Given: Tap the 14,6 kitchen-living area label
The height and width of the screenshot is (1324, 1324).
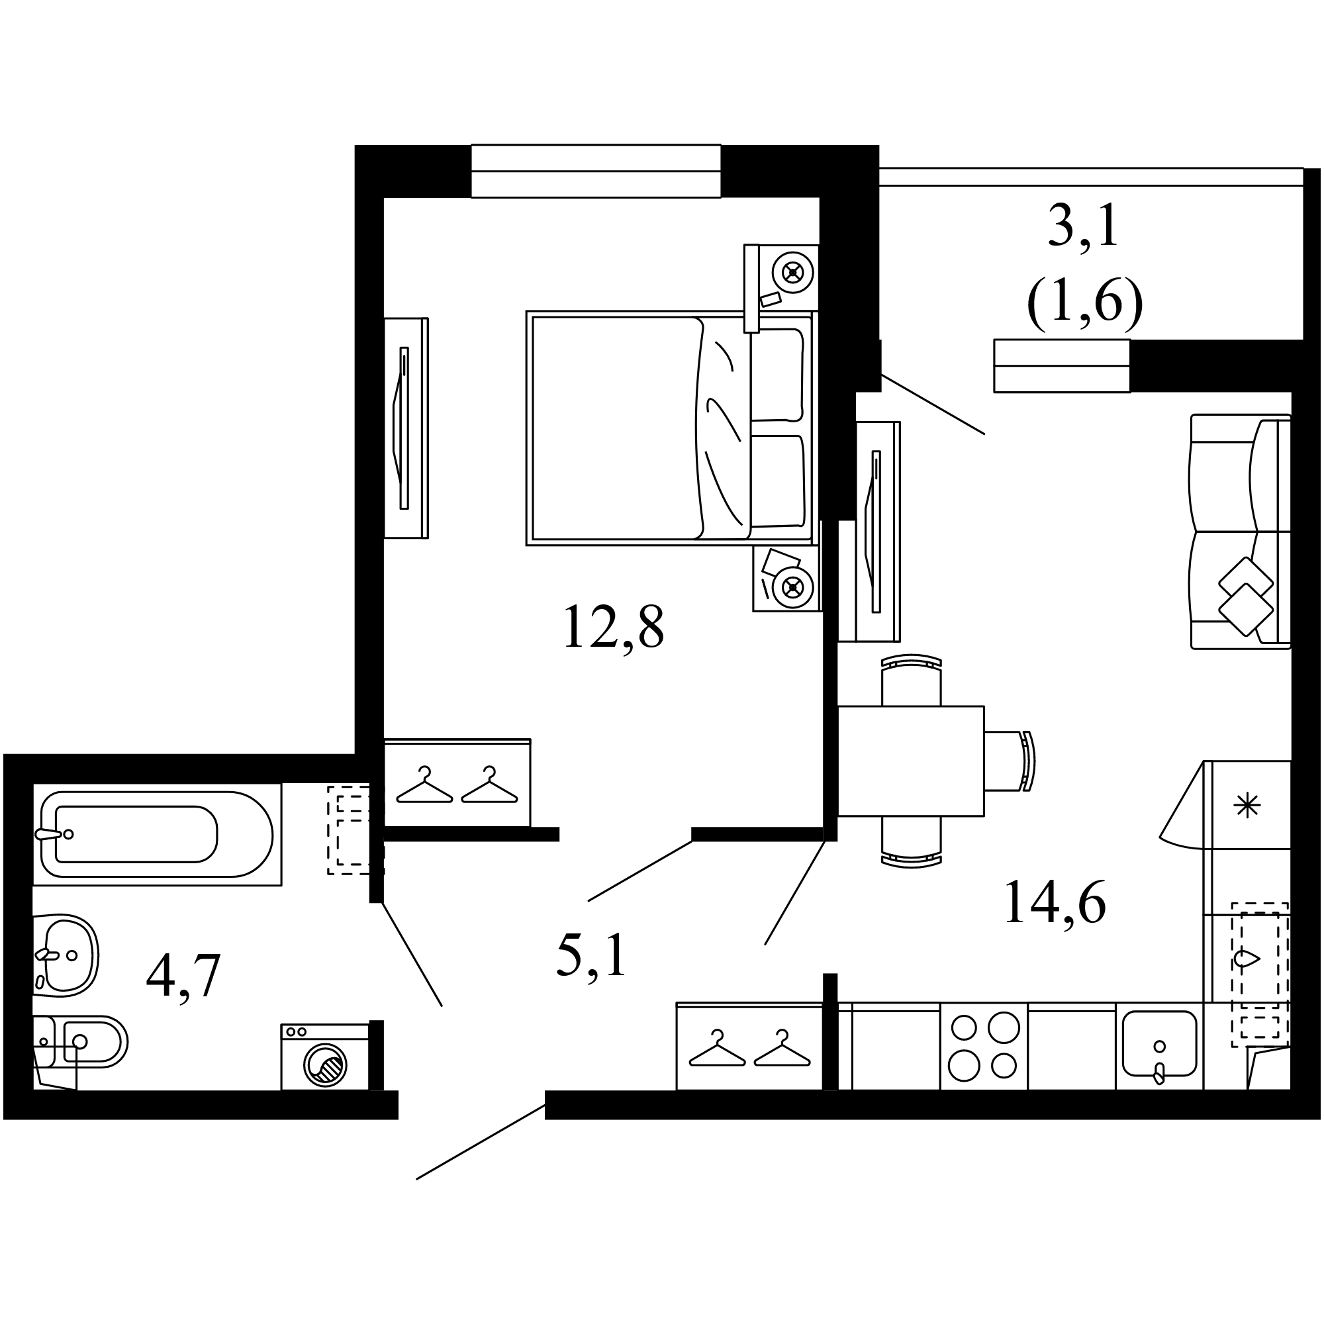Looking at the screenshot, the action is coord(1055,902).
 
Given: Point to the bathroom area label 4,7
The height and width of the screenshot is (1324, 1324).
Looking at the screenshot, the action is coord(183,977).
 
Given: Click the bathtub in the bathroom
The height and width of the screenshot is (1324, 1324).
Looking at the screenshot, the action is coord(157,834).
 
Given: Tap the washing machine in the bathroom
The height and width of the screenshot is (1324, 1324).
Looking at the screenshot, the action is coord(325,1056).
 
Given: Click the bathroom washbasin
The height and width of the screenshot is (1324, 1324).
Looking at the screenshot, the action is coord(66,955).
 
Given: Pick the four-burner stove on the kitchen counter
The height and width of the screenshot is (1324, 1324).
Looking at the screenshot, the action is coord(984,1046).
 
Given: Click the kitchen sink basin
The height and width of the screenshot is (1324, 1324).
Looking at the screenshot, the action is coord(1160,1044).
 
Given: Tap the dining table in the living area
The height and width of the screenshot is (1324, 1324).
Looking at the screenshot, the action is coord(911,761).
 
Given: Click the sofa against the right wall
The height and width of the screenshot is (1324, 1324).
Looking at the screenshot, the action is coord(1240,531).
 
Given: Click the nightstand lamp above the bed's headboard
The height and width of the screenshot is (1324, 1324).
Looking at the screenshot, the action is coord(793,273).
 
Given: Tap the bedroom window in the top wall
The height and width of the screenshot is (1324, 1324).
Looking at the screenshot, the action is coord(596,171).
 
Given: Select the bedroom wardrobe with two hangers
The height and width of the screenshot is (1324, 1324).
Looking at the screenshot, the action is coord(457,782).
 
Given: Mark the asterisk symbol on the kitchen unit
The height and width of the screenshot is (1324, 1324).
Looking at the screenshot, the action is coord(1247,805).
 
